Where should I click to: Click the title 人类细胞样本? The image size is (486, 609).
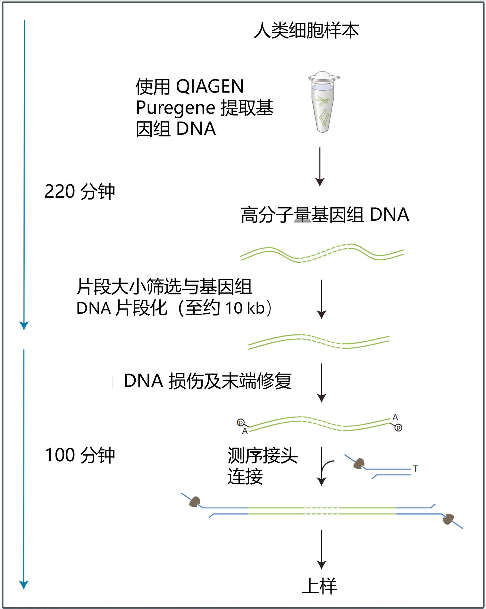point(306,31)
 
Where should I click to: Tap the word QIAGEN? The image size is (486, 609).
point(210,86)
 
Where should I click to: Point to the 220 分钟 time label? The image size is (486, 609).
point(80,192)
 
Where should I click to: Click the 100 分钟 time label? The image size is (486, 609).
point(80,455)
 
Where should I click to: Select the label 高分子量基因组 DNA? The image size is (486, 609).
point(324,215)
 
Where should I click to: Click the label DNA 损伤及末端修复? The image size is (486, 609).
point(207,381)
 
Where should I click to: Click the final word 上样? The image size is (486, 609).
point(320,586)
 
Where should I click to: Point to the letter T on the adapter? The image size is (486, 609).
point(415,469)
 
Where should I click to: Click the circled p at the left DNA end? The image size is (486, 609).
point(240,423)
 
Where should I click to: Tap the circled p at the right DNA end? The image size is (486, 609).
point(398,428)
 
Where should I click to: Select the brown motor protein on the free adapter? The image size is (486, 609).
point(359,464)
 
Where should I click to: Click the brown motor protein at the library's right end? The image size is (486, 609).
point(448,519)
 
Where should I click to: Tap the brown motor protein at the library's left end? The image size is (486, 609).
point(195,502)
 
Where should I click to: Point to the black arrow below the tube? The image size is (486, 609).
point(320,167)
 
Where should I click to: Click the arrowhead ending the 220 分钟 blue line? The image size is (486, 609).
point(24,325)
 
